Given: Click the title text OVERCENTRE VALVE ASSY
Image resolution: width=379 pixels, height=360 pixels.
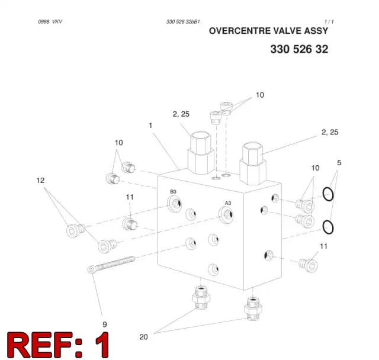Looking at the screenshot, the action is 268,31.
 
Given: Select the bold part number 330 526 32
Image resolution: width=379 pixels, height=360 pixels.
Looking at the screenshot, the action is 299,49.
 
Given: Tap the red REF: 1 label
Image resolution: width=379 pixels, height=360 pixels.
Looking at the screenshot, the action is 58,345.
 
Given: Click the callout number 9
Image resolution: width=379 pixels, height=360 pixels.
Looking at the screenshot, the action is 105,324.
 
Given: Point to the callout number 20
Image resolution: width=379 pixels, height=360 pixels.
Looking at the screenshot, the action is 143,337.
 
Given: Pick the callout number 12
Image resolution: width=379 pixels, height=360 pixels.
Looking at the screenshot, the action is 40,180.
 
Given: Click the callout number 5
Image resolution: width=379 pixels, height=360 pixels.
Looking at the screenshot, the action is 339,163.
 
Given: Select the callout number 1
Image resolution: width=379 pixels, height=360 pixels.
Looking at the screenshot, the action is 150,126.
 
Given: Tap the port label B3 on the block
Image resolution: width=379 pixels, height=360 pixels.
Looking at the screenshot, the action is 173,192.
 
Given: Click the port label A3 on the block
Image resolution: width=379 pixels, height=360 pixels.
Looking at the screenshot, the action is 228,203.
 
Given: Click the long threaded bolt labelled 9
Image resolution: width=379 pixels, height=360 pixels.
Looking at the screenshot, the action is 111,265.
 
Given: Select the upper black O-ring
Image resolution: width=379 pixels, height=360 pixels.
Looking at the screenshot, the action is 328,194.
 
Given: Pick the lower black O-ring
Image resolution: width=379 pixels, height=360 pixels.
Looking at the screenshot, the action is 328,227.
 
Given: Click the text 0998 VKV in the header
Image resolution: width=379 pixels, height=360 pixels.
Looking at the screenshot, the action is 50,22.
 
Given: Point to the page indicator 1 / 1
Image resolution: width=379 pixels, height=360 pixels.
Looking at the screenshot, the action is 329,22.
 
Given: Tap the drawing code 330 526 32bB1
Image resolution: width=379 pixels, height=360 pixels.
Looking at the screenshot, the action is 183,22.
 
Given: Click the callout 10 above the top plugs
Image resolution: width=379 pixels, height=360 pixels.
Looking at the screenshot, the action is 260,95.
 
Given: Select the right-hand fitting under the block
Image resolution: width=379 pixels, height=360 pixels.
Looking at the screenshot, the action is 253,308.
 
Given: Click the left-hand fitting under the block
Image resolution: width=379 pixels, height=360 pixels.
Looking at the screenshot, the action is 201,297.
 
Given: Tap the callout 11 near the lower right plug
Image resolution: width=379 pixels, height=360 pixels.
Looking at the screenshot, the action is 324,246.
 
